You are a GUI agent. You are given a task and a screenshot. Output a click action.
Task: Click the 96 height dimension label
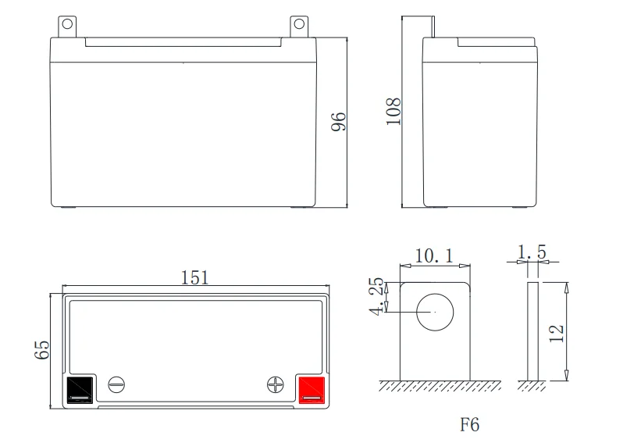click(339, 121)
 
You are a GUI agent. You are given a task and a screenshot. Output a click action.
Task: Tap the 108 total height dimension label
click(394, 111)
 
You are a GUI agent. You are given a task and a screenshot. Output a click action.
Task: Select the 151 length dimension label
click(195, 277)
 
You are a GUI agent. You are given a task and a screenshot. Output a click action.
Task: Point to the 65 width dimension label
click(41, 350)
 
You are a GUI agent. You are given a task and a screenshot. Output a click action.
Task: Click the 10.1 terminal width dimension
click(434, 256)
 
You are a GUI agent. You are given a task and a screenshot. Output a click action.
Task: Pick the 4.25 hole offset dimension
click(376, 297)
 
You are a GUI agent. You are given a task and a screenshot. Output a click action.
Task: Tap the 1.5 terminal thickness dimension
click(532, 252)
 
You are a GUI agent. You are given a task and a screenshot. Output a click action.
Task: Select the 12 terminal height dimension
click(557, 334)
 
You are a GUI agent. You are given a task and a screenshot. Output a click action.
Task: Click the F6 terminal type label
click(469, 424)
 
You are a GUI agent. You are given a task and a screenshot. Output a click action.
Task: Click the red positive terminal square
click(312, 390)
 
